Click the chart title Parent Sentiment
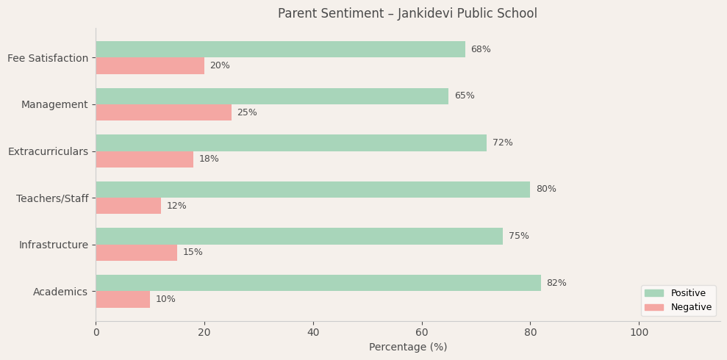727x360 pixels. [x=407, y=14]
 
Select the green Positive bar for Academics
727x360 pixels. [x=318, y=283]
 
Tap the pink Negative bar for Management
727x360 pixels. [x=163, y=112]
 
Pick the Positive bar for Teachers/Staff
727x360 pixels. [x=312, y=190]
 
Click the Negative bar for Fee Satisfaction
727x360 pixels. [x=150, y=66]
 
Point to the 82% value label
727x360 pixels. [x=556, y=284]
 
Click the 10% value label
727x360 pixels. [x=165, y=300]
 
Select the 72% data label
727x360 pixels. [x=503, y=143]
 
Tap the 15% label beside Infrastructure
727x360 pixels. [x=193, y=253]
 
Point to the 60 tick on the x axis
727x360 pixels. [x=422, y=333]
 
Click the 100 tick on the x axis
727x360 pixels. [x=640, y=333]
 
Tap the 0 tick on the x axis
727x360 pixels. [x=96, y=333]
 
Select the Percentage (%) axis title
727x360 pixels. [x=407, y=348]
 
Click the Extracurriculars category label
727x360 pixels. [x=48, y=151]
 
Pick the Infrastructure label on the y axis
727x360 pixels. [x=54, y=245]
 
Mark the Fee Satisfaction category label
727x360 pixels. [x=48, y=58]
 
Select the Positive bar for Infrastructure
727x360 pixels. [x=299, y=237]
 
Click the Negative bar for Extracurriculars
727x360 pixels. [x=144, y=159]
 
